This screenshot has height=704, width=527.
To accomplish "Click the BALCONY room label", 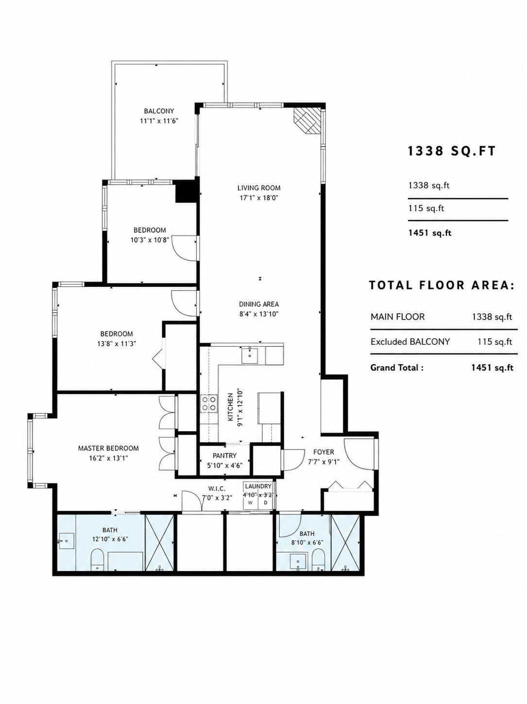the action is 159,111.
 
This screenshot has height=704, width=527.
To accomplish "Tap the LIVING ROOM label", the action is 259,188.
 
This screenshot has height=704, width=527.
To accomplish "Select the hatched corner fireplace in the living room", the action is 307,120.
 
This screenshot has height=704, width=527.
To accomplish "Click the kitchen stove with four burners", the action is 209,404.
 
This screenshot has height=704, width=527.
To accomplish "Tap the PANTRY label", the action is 224,455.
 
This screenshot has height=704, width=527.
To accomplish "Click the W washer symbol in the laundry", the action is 251,503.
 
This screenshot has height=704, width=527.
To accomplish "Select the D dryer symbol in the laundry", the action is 266,503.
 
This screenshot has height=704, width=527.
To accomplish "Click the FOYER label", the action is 323,452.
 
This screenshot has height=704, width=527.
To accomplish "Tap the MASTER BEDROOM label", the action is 108,448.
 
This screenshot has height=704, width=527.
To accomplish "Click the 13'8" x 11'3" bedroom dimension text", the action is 117,344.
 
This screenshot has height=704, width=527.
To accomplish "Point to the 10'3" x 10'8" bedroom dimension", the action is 150,240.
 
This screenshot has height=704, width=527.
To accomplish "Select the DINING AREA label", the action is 259,304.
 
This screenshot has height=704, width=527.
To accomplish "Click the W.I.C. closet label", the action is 217,488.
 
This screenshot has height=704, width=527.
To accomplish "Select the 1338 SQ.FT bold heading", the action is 452,151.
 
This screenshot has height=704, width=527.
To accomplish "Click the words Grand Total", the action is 397,368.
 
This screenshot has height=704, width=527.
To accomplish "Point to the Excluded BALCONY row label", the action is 410,342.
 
